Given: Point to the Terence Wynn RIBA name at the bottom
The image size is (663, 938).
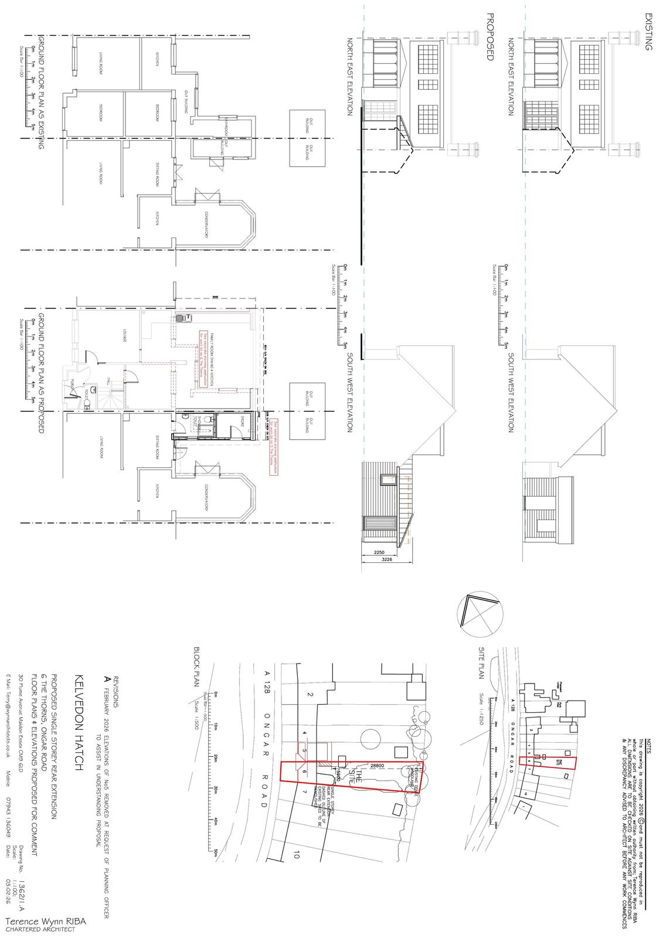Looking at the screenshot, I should tap(45, 922).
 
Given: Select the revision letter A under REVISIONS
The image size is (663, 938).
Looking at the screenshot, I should tap(106, 678).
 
